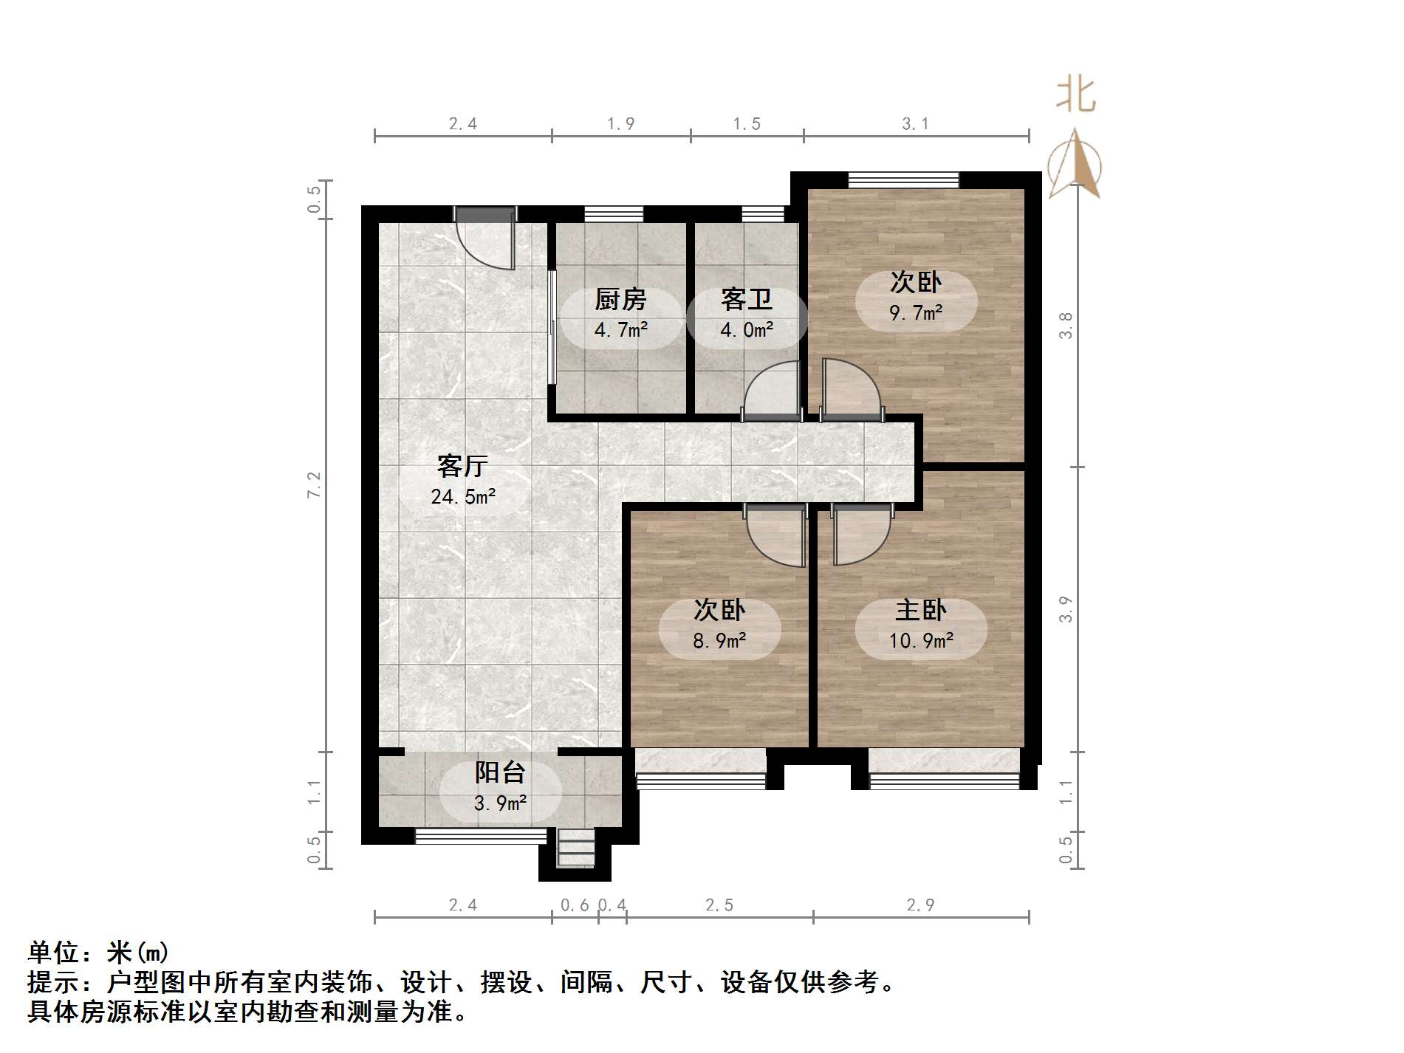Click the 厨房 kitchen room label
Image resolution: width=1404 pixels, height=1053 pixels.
point(620,300)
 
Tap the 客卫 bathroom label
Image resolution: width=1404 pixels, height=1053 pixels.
point(746,300)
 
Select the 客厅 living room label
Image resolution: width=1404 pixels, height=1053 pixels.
point(462,467)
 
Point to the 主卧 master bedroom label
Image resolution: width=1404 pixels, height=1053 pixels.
point(920,611)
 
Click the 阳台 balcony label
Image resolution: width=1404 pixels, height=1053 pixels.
point(500,772)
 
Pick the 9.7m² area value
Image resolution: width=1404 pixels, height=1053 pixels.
point(916,313)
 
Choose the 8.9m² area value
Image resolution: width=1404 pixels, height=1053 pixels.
point(719,640)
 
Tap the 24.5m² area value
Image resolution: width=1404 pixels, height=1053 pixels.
point(463,497)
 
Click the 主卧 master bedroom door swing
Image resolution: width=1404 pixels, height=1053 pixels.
point(860,533)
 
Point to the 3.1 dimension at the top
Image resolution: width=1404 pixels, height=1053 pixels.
point(915,124)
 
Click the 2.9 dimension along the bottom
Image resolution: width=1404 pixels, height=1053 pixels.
point(920,905)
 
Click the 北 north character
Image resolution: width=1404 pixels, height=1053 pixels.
point(1075,96)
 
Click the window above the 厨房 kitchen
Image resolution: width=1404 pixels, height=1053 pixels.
point(614,214)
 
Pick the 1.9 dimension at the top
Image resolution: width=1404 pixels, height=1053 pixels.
point(620,124)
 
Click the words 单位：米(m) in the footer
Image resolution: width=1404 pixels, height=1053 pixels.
point(98,953)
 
